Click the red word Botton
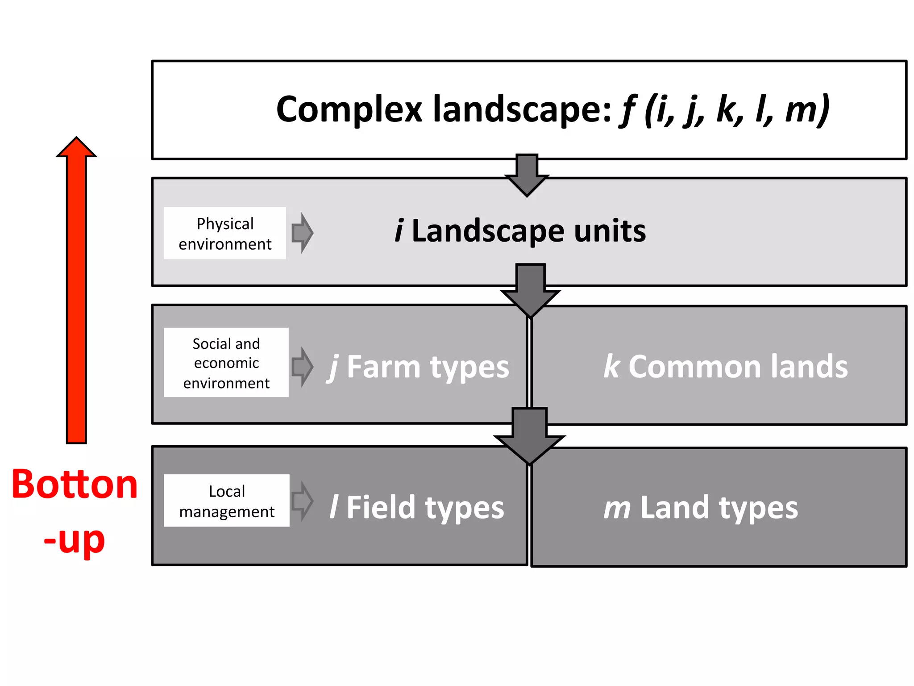(x=75, y=485)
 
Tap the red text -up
(x=75, y=540)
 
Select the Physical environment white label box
(x=225, y=233)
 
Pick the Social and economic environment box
(x=226, y=363)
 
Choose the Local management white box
(x=227, y=501)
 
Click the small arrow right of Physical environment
(x=303, y=233)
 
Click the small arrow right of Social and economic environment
(x=303, y=366)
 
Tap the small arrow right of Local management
(x=303, y=501)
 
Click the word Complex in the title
(x=349, y=109)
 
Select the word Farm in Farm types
(x=383, y=367)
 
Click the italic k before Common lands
(x=611, y=366)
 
